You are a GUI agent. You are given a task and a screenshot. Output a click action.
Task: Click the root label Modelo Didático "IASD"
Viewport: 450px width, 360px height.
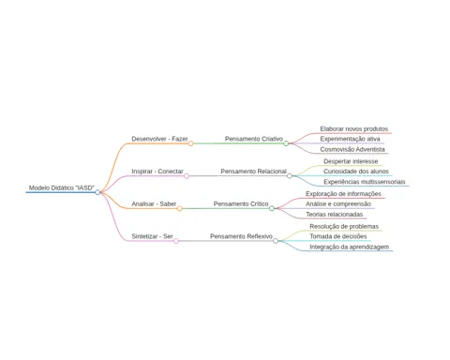62,187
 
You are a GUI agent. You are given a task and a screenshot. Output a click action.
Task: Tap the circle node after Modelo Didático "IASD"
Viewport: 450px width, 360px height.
97,192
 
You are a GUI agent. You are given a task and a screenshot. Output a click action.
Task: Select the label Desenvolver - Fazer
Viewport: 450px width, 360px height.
159,139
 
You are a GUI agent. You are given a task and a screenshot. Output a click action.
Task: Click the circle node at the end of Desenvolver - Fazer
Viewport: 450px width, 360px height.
191,143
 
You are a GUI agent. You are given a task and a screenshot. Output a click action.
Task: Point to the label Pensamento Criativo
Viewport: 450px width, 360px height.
254,139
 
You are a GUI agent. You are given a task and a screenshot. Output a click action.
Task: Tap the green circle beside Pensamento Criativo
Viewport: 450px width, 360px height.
286,143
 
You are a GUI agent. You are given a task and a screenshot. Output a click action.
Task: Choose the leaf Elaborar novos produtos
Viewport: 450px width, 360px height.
354,128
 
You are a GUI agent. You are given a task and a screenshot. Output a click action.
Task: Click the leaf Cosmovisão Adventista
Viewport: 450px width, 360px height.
352,149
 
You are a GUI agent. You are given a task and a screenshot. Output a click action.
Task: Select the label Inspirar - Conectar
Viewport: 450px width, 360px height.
157,172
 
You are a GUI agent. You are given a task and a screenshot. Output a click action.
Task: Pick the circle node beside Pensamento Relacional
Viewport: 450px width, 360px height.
290,176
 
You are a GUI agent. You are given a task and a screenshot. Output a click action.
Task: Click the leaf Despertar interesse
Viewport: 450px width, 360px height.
351,161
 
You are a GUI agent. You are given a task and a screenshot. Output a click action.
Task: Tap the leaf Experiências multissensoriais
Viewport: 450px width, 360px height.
365,182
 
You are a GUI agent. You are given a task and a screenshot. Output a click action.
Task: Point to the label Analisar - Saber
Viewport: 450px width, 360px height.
154,203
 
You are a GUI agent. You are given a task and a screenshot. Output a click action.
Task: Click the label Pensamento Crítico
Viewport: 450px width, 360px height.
241,203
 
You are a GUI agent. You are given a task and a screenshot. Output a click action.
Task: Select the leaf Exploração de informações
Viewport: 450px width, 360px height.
343,194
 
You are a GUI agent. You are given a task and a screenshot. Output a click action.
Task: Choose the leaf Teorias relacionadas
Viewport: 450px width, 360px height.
335,215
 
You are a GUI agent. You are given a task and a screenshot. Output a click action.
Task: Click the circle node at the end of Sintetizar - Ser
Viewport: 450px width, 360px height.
176,241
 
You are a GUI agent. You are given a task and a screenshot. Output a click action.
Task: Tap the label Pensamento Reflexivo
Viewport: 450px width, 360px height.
241,236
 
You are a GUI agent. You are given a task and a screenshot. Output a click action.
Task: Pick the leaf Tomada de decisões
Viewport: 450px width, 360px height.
338,236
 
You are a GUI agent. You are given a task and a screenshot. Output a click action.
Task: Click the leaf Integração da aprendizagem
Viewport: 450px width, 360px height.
350,247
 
